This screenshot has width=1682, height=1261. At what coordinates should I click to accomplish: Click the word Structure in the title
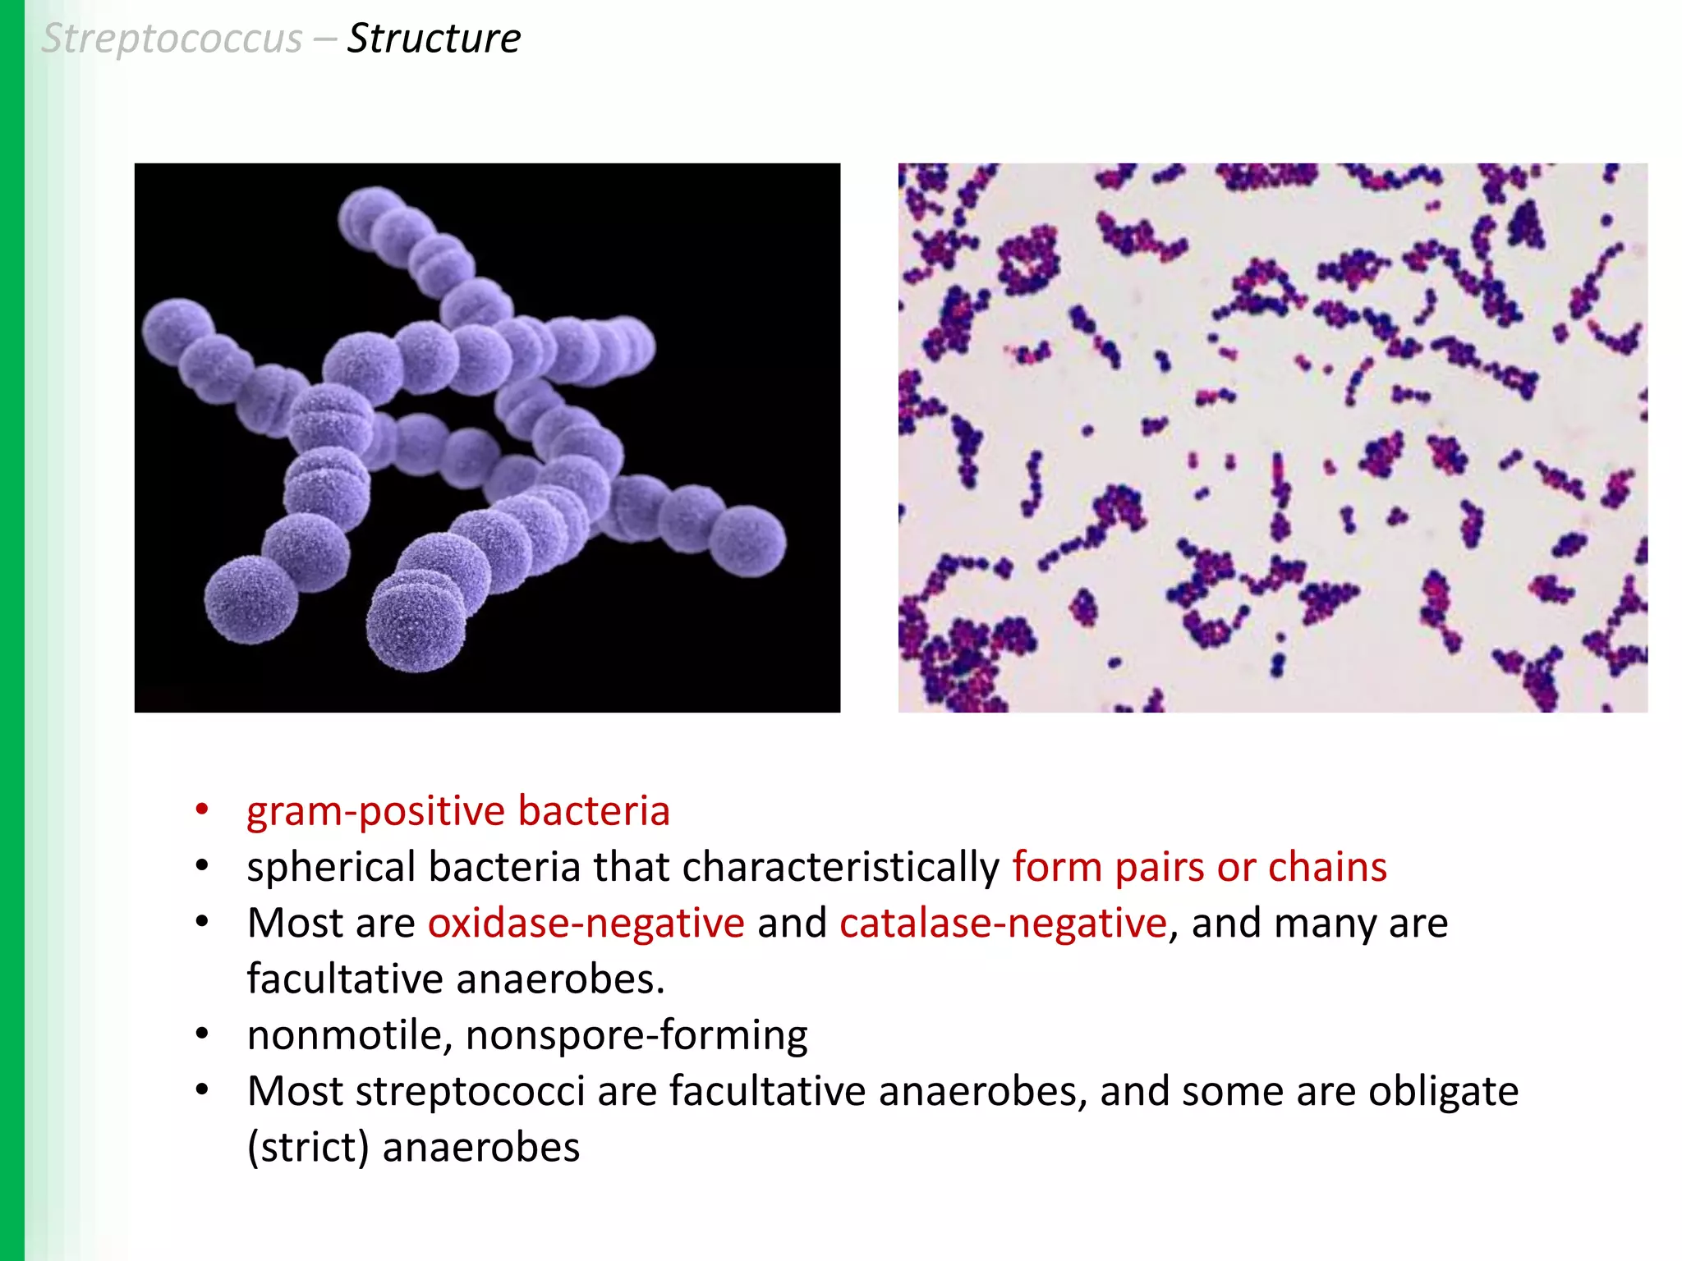tap(434, 39)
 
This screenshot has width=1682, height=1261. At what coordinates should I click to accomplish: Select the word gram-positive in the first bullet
tap(375, 812)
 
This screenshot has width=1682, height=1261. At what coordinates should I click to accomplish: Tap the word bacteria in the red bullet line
tap(594, 812)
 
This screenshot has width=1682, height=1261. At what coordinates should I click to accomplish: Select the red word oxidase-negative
tap(586, 924)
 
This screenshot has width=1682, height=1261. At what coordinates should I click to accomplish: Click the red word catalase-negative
tap(1003, 924)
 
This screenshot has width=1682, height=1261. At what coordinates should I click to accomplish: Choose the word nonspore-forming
tap(636, 1035)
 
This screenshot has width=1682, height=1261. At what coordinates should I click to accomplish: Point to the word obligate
tap(1443, 1092)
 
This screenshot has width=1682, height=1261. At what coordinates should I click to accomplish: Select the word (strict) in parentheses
tap(308, 1148)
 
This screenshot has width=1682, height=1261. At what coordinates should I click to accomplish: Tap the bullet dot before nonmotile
tap(202, 1034)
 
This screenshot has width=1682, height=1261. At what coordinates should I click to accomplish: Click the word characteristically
tap(840, 868)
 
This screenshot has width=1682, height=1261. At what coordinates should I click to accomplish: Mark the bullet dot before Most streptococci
tap(202, 1090)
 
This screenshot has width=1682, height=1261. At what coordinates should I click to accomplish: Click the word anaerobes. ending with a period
tap(560, 979)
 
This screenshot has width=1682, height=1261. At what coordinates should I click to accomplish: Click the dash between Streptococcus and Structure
tap(324, 39)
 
